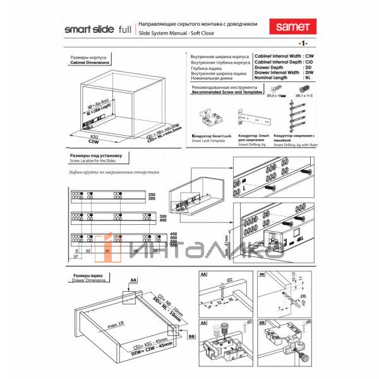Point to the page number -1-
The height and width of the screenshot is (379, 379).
[303, 43]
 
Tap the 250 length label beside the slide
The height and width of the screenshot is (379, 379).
[151, 193]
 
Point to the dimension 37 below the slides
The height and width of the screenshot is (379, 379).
[75, 257]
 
